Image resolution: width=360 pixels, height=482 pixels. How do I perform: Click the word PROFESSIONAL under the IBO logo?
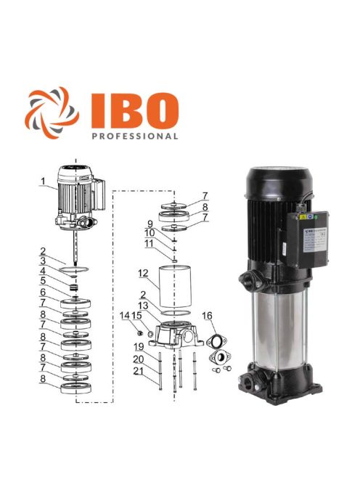click(x=135, y=135)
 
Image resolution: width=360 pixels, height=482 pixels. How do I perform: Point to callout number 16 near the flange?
click(x=207, y=316)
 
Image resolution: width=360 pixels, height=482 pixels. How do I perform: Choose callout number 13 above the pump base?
click(x=145, y=306)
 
